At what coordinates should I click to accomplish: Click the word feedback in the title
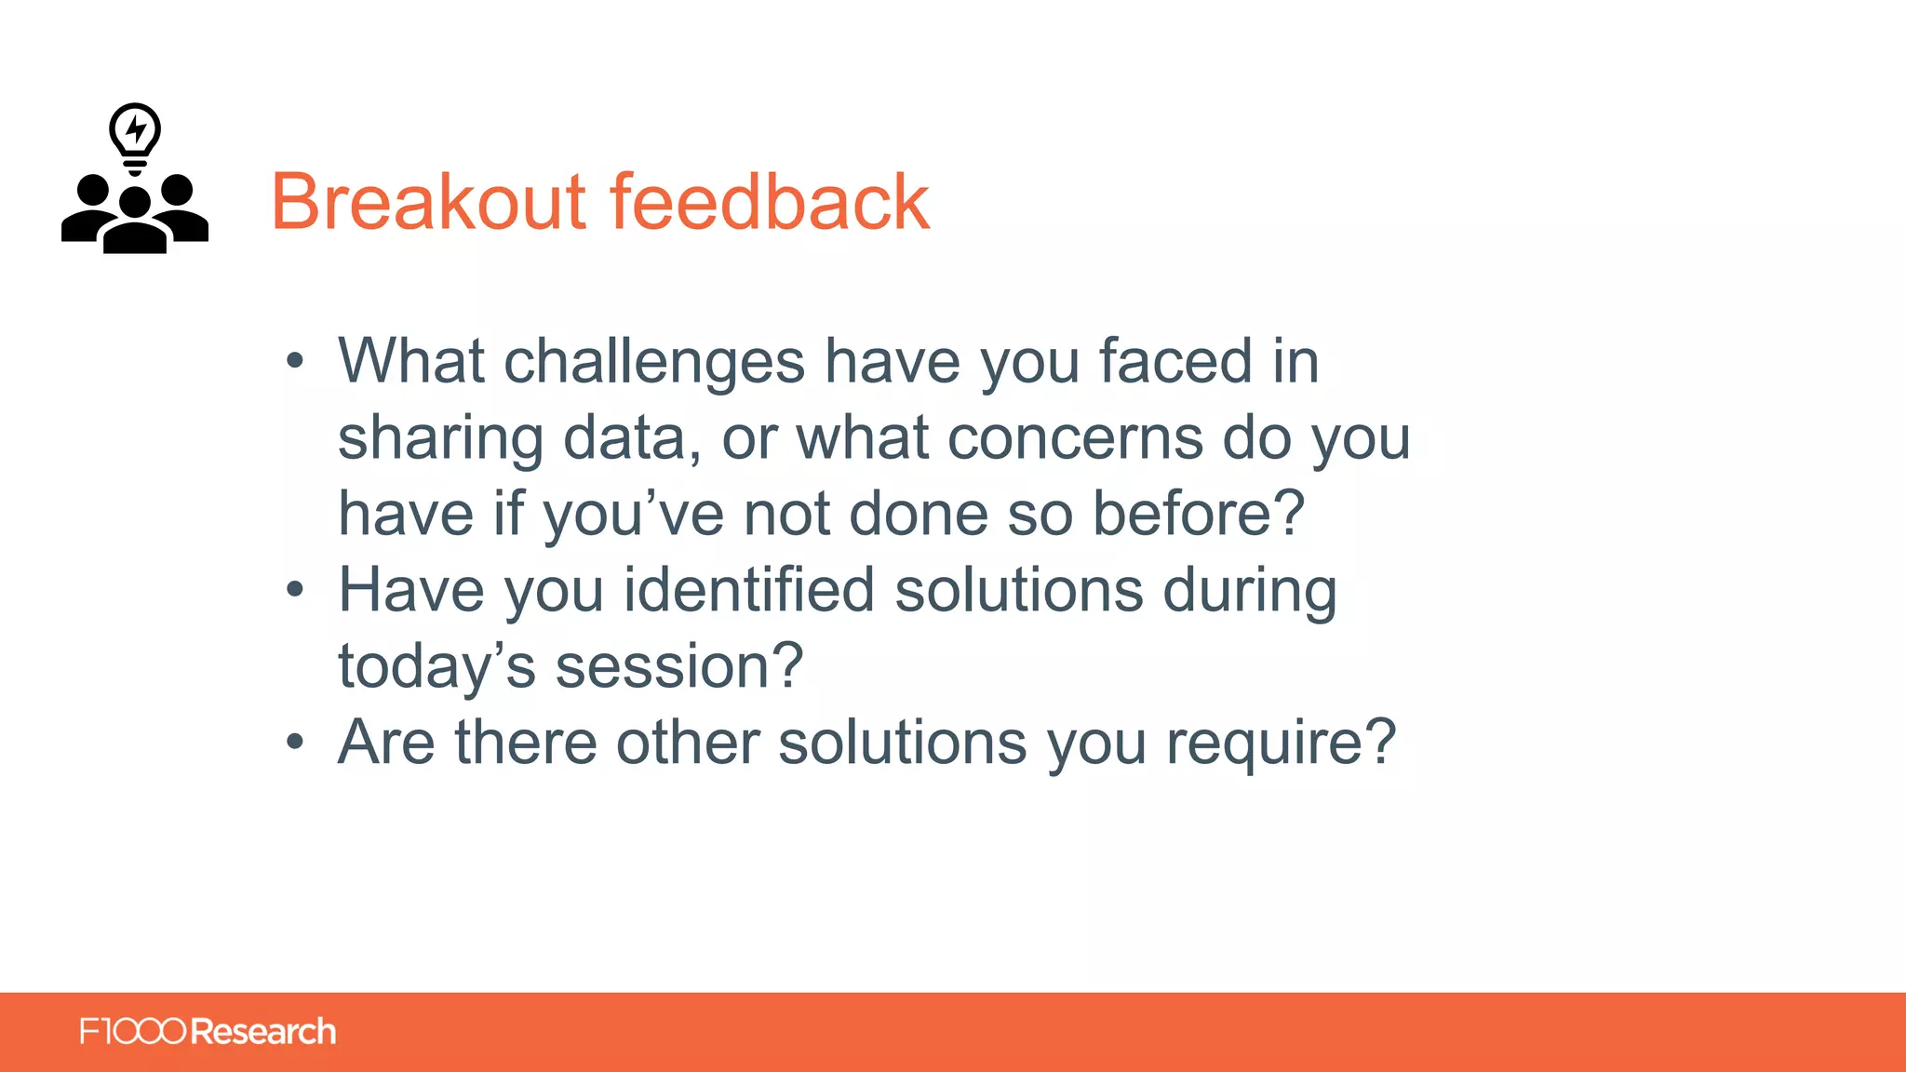[x=769, y=202]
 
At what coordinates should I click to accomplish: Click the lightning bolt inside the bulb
[x=136, y=128]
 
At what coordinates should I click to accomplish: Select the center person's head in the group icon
[x=135, y=203]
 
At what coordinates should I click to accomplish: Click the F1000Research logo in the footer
[x=208, y=1031]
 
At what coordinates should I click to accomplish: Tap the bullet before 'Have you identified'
[x=295, y=589]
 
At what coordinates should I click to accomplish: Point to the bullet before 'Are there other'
[x=295, y=742]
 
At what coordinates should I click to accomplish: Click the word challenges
[x=653, y=362]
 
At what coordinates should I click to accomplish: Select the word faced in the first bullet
[x=1175, y=362]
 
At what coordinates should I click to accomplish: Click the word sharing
[x=439, y=438]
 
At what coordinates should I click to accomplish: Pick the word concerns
[x=1074, y=438]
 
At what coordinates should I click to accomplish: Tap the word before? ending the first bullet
[x=1198, y=514]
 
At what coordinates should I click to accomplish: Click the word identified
[x=748, y=591]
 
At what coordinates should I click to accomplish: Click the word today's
[x=436, y=667]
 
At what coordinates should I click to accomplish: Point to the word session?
[x=679, y=667]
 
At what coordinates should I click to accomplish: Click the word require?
[x=1281, y=744]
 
